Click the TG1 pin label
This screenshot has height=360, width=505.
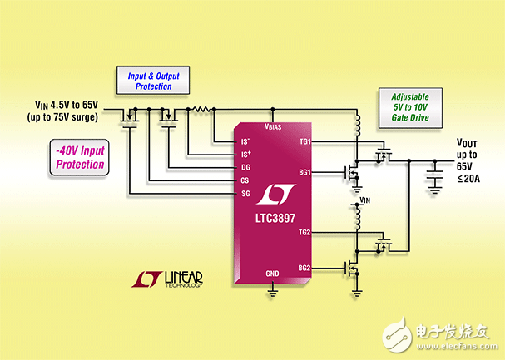304,141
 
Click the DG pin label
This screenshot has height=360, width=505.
245,167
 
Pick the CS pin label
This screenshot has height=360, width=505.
245,180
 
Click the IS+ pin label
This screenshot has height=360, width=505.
245,155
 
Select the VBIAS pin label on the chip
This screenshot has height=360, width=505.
273,128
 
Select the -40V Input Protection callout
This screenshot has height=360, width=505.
82,157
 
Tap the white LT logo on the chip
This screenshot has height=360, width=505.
273,193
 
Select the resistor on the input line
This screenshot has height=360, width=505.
202,109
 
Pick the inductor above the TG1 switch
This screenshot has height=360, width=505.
357,127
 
